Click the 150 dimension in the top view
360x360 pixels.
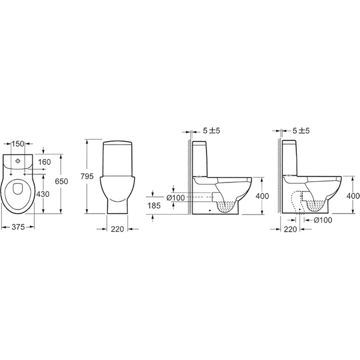click(x=18, y=144)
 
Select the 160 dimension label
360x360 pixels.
click(x=44, y=162)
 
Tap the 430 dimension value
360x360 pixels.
click(x=43, y=194)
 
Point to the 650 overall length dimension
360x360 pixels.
click(x=62, y=181)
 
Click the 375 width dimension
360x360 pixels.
click(x=18, y=227)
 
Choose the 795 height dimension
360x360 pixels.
click(x=87, y=176)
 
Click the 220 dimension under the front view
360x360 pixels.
click(x=117, y=229)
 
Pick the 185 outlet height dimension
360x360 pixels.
click(x=154, y=206)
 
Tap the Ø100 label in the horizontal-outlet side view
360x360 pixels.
click(x=176, y=197)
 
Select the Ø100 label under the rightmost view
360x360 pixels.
click(x=323, y=220)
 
